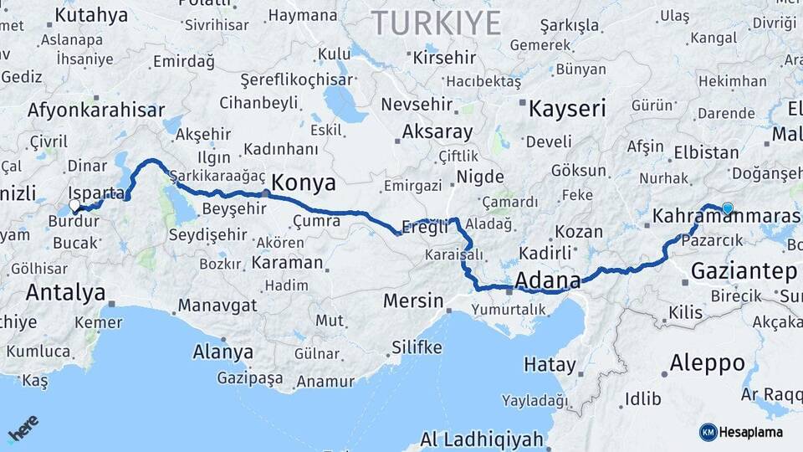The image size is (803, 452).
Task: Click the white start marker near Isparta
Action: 75,205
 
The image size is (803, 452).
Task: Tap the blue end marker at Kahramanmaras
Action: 728,208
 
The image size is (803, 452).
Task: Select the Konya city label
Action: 304,183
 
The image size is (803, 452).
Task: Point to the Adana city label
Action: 549,279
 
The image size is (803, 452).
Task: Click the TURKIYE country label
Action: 437,23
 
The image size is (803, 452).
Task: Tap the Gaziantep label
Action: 744,271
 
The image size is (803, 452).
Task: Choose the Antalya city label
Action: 66,292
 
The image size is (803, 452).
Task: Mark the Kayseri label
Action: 567,108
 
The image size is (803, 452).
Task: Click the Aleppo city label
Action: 708,363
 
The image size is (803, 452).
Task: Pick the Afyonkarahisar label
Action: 96,110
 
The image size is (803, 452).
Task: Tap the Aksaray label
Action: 437,132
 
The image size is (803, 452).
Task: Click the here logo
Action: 23,428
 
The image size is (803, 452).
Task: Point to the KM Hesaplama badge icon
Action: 708,432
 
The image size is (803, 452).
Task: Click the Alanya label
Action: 222,352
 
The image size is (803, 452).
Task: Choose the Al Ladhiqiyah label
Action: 482,439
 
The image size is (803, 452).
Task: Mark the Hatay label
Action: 550,364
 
